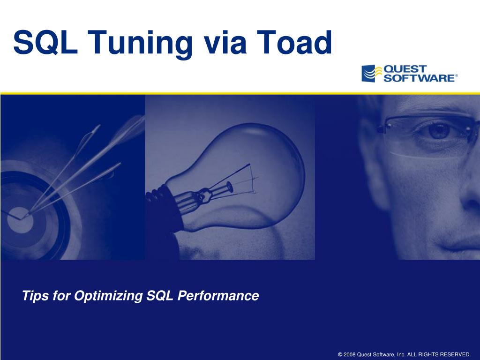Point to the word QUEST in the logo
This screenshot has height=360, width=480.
(405, 69)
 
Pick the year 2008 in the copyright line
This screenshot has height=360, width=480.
(350, 354)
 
